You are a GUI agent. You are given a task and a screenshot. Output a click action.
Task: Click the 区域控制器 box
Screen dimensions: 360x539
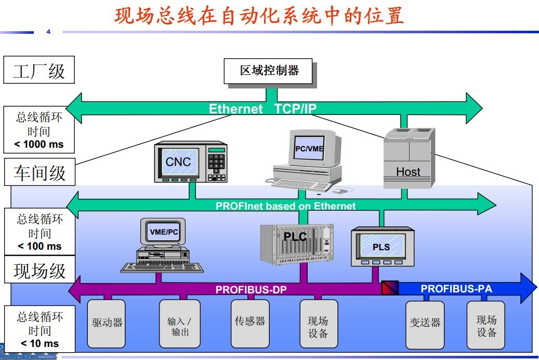269,71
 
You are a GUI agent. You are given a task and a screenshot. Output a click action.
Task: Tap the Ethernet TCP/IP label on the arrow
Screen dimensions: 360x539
262,109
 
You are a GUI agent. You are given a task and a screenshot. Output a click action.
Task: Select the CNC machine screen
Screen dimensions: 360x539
178,161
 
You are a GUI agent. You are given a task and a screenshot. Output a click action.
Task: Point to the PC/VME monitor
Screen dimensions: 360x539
309,149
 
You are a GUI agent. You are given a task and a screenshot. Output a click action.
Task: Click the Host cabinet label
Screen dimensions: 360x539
408,172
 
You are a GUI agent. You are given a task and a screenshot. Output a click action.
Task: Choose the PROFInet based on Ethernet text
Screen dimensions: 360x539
285,206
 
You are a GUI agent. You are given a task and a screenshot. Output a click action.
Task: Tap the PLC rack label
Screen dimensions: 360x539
295,237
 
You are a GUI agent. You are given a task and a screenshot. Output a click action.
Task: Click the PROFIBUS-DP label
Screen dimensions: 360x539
251,290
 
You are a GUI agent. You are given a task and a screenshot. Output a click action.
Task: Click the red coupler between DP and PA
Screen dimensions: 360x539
390,288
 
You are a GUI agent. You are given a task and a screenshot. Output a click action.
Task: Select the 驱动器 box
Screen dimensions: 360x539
107,323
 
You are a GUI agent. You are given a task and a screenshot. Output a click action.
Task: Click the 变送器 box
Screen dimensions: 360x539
425,323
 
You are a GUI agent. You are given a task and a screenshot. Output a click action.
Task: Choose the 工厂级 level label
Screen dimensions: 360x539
39,70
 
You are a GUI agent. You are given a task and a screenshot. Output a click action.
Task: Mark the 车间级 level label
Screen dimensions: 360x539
40,172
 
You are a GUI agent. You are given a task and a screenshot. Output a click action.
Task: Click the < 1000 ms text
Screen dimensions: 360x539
39,144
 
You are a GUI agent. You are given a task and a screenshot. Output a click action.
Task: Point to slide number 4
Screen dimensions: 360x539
48,32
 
